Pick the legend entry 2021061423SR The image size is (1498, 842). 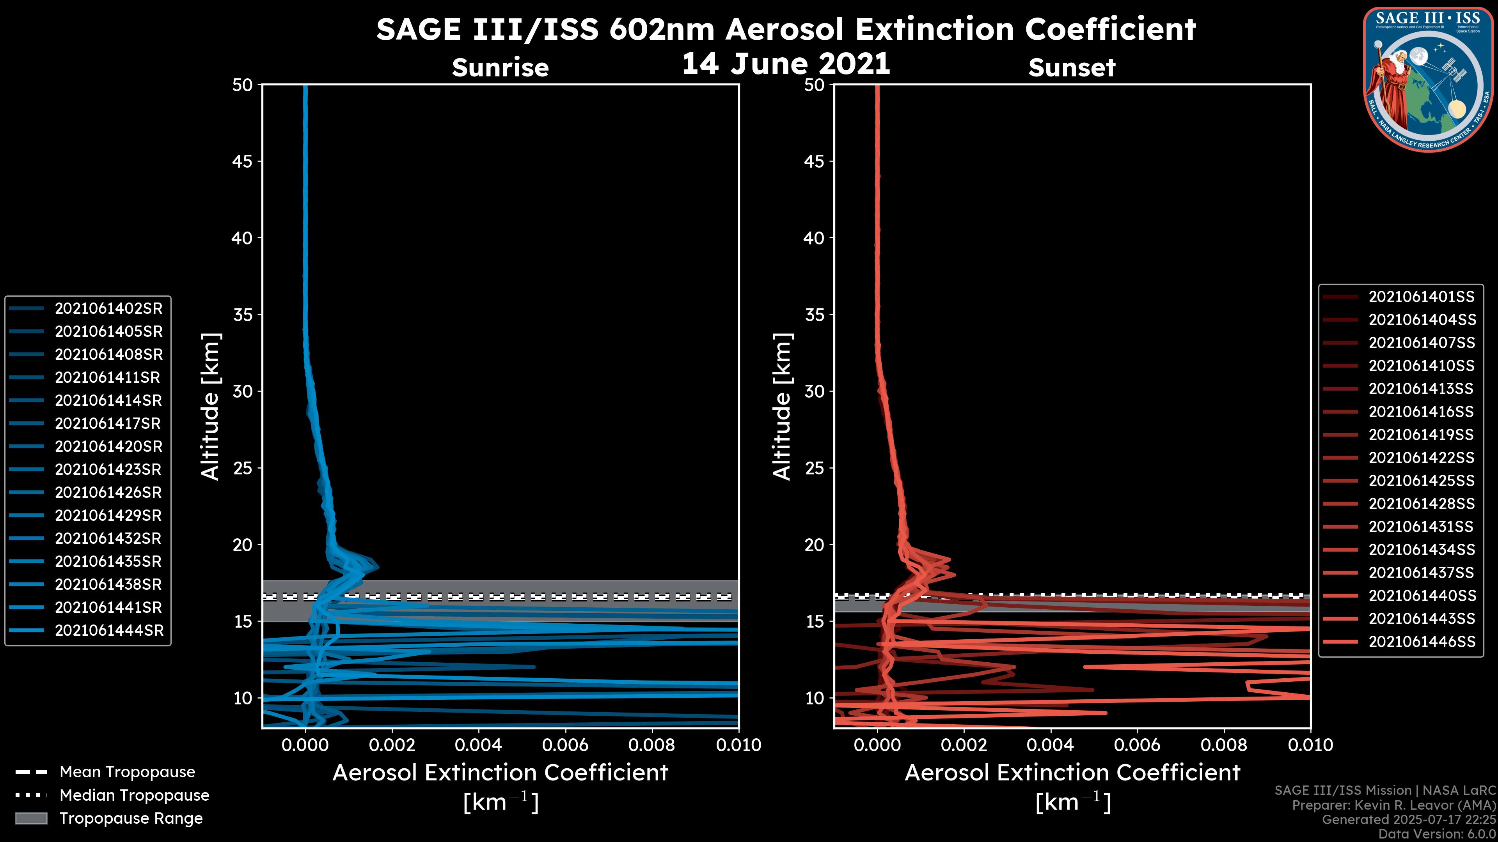108,469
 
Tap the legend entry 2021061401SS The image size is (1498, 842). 1421,297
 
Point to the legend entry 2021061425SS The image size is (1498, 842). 1421,481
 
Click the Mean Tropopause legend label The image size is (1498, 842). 127,772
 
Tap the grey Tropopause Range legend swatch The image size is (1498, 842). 31,818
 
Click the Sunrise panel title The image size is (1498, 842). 500,67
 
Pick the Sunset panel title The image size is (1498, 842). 1072,67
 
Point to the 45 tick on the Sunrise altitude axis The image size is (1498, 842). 243,161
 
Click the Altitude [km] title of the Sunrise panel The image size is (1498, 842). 211,406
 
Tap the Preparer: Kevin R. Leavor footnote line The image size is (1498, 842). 1394,805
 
